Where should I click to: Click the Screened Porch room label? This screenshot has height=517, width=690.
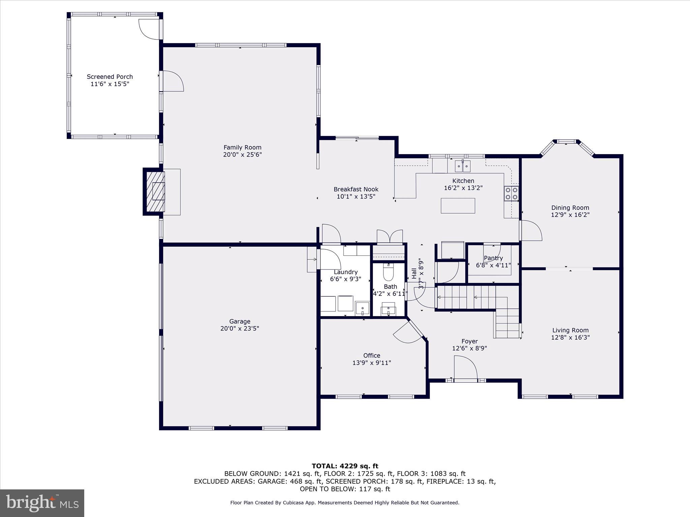(110, 77)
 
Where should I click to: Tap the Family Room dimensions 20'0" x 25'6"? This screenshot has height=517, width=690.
(242, 155)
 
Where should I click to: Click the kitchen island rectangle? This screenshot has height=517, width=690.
(458, 206)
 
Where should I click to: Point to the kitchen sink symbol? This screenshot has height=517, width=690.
(463, 166)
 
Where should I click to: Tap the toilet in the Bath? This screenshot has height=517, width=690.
(388, 272)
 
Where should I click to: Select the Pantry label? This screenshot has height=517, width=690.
(493, 258)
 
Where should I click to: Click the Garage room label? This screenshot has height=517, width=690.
(240, 321)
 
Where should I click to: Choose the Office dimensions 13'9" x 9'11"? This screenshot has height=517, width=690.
(372, 363)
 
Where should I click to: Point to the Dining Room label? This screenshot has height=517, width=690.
(570, 208)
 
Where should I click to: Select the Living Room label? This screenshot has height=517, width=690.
(570, 330)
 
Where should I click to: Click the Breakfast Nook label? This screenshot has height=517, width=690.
(356, 189)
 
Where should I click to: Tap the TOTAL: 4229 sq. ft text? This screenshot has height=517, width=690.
(345, 466)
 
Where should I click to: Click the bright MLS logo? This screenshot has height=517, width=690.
(42, 503)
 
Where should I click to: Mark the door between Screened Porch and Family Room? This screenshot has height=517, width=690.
(172, 81)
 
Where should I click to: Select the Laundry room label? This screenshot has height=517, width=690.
(346, 272)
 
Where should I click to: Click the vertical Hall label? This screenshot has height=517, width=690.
(414, 273)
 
